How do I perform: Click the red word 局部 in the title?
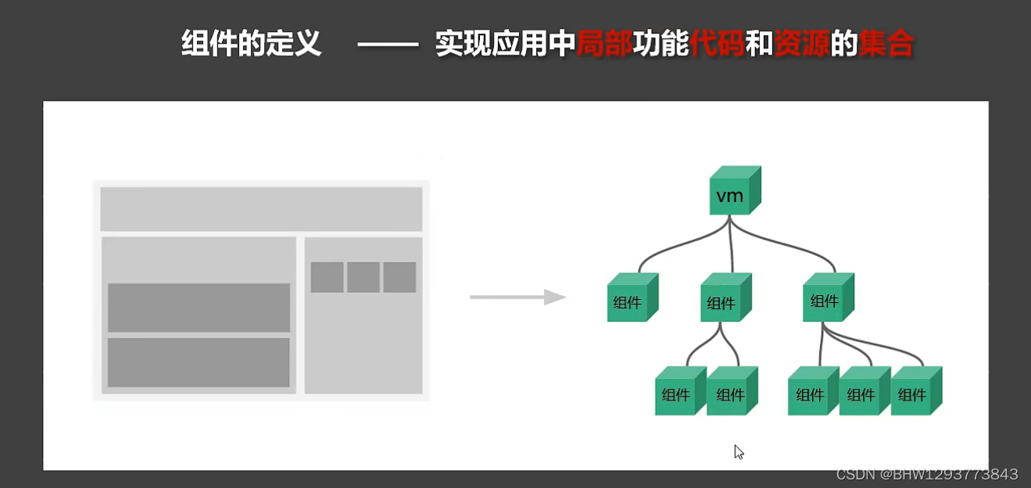click(604, 45)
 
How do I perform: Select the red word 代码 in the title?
click(717, 45)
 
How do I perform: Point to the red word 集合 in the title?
click(886, 45)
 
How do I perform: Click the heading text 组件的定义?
click(251, 45)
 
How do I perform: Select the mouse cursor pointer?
click(738, 451)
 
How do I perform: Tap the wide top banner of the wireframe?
click(261, 208)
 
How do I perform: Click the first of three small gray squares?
click(327, 277)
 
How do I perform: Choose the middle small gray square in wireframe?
click(363, 277)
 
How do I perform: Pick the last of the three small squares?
click(399, 277)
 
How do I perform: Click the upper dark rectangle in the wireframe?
click(199, 308)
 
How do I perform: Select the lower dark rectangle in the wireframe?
click(199, 362)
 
